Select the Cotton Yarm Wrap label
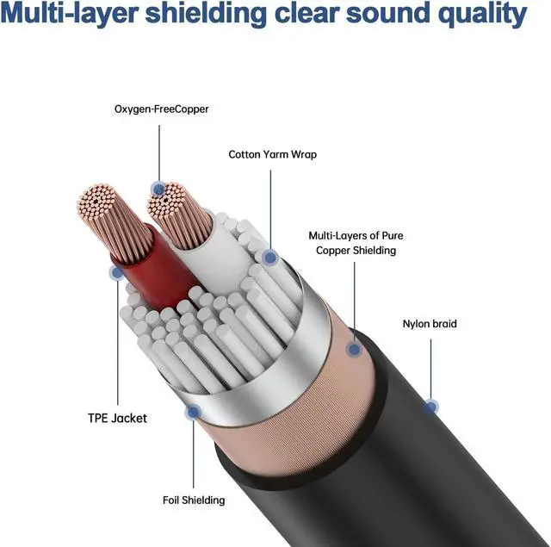point(272,155)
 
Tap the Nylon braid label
point(430,325)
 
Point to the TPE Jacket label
point(117,418)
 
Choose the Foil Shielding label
point(194,500)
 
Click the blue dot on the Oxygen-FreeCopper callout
point(158,188)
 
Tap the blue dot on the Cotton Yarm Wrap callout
point(270,257)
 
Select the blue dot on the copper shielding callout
point(352,350)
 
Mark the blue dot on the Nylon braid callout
point(431,406)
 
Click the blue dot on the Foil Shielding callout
point(194,413)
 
